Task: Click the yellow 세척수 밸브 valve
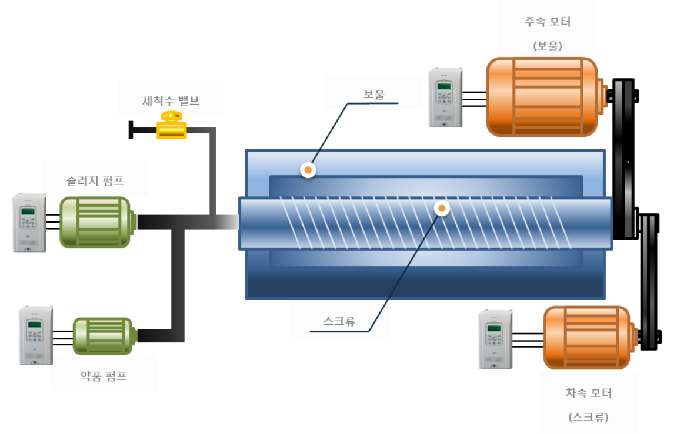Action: pos(171,125)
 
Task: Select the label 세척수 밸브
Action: pos(171,100)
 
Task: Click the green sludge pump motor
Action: pos(95,222)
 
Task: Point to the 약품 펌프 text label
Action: pos(104,376)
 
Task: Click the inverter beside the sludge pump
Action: pos(29,223)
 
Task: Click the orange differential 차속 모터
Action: pos(588,338)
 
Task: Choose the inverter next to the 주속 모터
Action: pos(445,97)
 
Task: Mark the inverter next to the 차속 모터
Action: pos(495,339)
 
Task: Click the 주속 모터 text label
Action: pos(548,22)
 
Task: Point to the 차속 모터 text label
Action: pos(588,393)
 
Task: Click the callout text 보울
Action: pos(374,95)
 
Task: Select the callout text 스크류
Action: pos(339,321)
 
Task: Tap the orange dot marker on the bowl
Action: pos(308,170)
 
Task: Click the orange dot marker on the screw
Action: pos(442,208)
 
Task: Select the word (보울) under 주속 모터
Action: pos(548,46)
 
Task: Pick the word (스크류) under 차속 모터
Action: pos(588,417)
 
